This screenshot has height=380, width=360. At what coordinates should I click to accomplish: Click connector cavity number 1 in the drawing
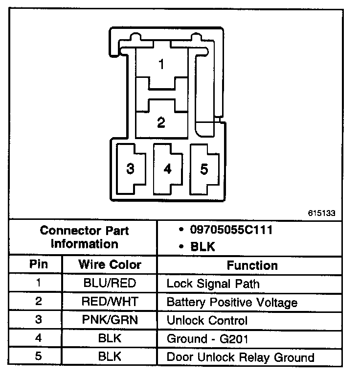point(161,64)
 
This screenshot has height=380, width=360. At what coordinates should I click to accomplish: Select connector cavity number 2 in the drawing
point(161,122)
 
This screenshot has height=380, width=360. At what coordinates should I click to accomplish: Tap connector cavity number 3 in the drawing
point(130,169)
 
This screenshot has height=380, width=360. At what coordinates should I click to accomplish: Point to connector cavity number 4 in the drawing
point(168,169)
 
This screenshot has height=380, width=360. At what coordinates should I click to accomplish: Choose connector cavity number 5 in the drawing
point(204,169)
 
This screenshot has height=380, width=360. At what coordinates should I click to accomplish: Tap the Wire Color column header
point(110,265)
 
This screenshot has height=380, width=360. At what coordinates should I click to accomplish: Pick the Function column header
point(252,265)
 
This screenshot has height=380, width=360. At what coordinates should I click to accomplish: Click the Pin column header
point(39,265)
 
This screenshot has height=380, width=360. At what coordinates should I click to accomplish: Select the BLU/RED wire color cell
point(110,284)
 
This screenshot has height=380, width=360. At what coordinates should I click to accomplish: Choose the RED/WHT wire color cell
point(110,302)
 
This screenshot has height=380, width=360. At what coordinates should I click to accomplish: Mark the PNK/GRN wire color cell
point(110,321)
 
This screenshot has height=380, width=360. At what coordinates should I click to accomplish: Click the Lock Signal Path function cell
point(213,284)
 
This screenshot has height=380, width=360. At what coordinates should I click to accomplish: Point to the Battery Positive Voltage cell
point(232,302)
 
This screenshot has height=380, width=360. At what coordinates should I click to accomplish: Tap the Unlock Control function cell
point(207,321)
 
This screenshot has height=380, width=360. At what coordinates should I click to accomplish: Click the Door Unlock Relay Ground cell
point(240,357)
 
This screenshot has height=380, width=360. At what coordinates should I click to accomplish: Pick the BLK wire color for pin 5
point(110,357)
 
